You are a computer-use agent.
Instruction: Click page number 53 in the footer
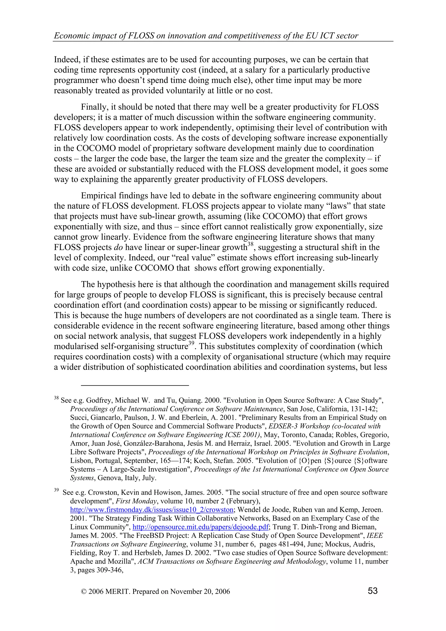(372, 591)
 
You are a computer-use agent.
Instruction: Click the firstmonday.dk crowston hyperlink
(152, 510)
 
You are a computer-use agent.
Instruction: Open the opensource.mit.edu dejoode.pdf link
(200, 527)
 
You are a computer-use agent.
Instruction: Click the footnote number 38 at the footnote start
(56, 398)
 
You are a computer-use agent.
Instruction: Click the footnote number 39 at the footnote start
(56, 490)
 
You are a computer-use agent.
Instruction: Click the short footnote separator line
(135, 385)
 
